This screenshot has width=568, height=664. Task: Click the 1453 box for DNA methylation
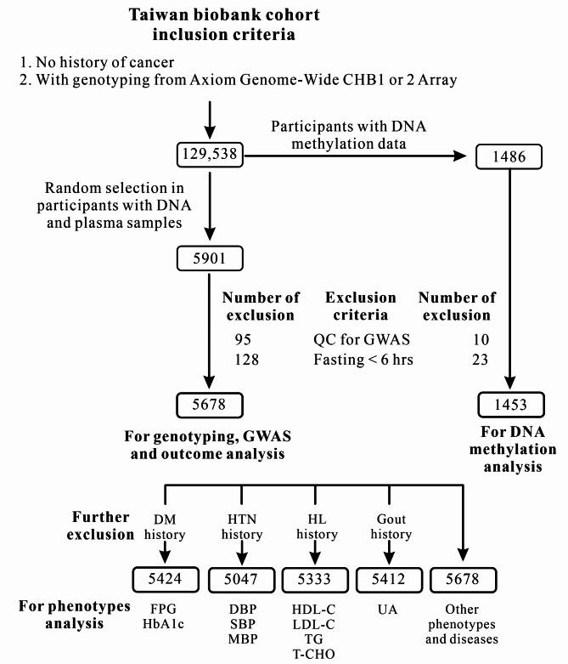click(x=508, y=404)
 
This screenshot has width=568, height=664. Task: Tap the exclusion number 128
click(x=246, y=359)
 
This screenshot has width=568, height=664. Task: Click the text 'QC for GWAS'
click(x=361, y=339)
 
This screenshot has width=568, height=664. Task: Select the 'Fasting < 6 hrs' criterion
click(x=361, y=359)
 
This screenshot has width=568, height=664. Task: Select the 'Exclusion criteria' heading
click(x=361, y=306)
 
